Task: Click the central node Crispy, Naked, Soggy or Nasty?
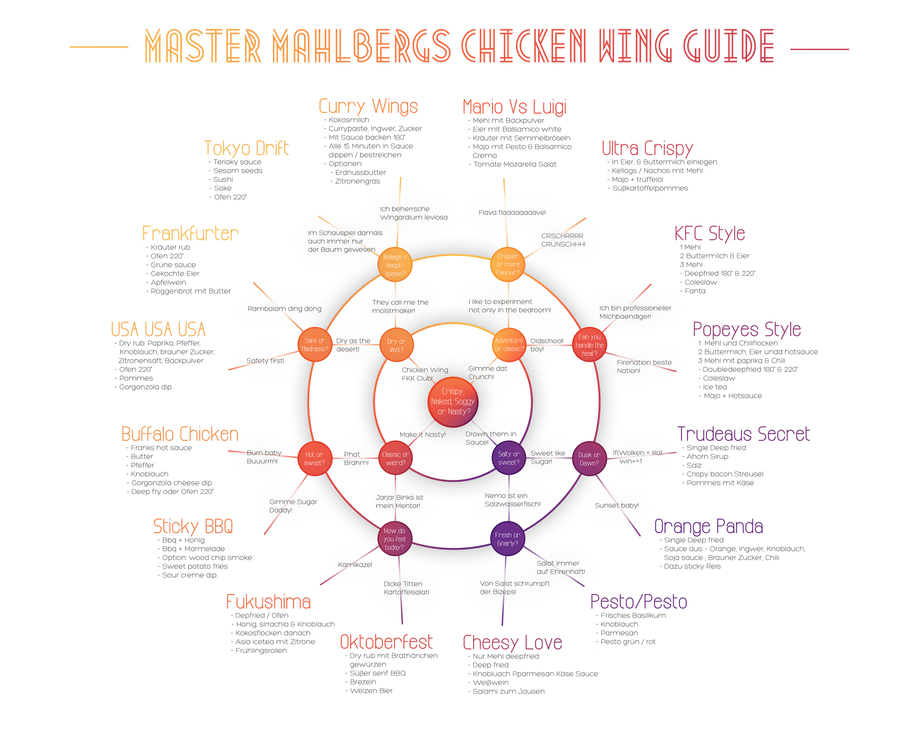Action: (x=453, y=402)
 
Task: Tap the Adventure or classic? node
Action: (x=509, y=345)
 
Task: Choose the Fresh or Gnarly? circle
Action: (x=507, y=539)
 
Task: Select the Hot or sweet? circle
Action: (x=314, y=458)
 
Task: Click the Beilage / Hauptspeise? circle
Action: (x=395, y=265)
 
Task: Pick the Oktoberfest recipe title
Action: (x=386, y=642)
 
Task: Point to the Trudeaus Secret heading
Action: (x=744, y=434)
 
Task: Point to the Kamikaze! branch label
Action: (x=355, y=565)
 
